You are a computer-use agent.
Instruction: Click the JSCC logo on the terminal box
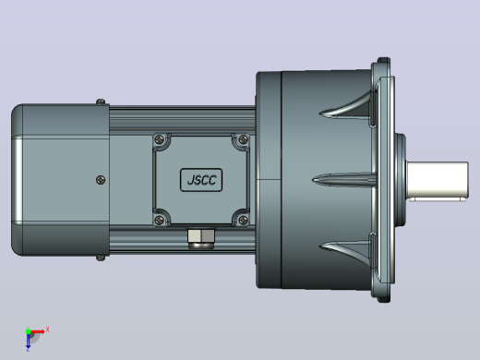coord(201,180)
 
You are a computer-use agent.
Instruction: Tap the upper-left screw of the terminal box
coord(159,139)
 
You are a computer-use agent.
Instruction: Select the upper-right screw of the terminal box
coord(243,139)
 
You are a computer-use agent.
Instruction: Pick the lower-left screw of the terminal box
coord(159,220)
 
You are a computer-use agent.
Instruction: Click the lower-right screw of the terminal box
coord(243,220)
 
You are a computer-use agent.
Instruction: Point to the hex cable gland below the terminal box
coord(201,238)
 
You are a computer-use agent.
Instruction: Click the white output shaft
coord(438,180)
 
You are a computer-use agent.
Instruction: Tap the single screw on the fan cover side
coord(101,180)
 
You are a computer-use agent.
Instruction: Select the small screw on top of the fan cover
coord(101,102)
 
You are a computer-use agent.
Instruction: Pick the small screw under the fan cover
coord(101,258)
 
